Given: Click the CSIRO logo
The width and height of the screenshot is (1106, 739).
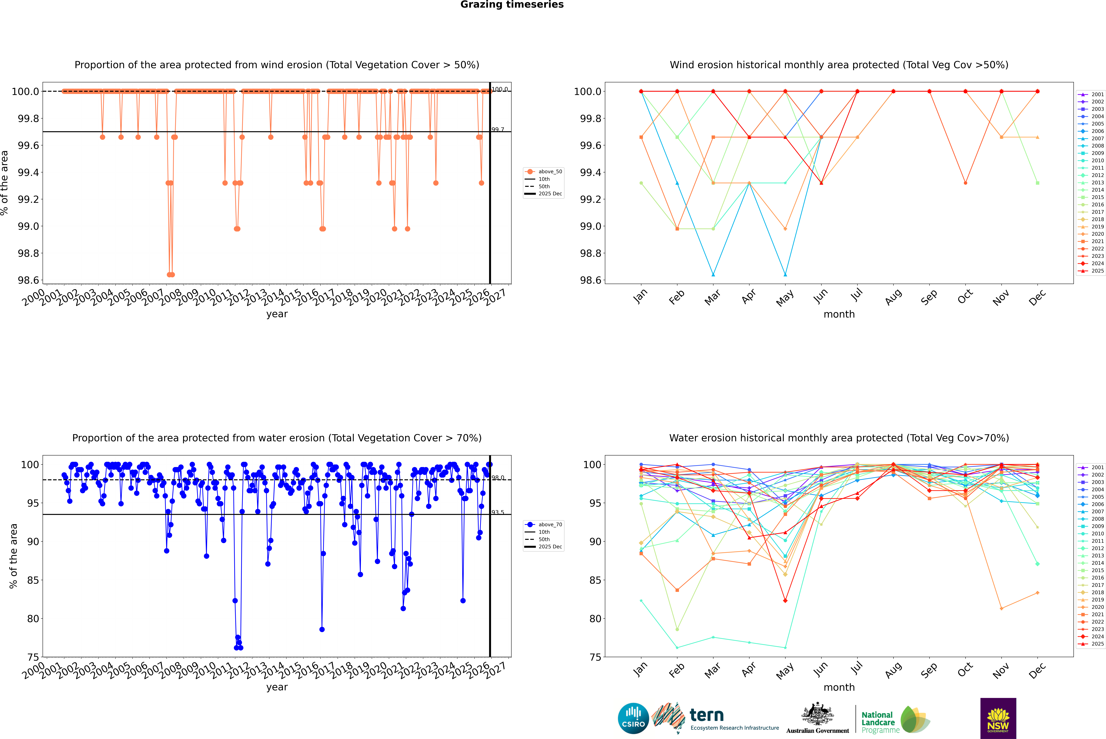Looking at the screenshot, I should [x=633, y=718].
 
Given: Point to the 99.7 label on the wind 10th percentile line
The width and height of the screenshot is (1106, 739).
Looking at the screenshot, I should [x=498, y=130].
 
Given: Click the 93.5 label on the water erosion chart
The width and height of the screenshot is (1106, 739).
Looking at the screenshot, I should [x=498, y=512].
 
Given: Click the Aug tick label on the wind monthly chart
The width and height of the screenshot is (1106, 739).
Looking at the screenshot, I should [x=893, y=297].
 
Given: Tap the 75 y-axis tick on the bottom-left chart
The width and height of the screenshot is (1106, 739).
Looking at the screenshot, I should [x=33, y=657].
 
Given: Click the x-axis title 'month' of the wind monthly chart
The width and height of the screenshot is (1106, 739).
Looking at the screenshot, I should [x=839, y=314].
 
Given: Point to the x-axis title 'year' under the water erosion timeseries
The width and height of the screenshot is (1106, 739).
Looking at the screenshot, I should [x=277, y=687].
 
